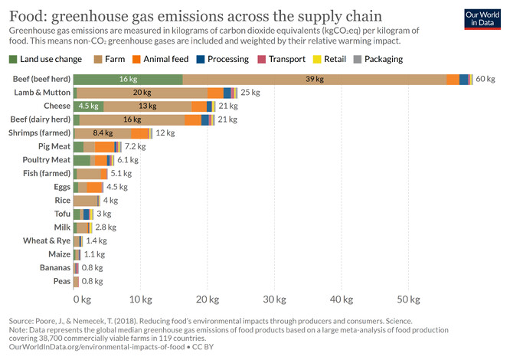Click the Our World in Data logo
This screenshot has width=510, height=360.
coord(480,18)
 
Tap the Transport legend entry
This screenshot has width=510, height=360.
coord(289,60)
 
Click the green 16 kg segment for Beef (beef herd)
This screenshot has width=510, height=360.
coord(128,79)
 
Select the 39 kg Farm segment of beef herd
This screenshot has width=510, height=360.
coord(314,79)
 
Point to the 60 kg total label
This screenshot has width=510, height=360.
coord(485,79)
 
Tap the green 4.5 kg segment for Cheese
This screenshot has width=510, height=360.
coord(89,106)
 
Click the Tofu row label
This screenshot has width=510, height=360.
coord(61,213)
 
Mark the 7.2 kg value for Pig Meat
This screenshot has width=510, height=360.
coord(135,146)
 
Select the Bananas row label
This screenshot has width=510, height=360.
coord(54,267)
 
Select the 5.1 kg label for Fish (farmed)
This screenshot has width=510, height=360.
coord(121,173)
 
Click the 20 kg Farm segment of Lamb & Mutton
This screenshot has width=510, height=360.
coord(142,93)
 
